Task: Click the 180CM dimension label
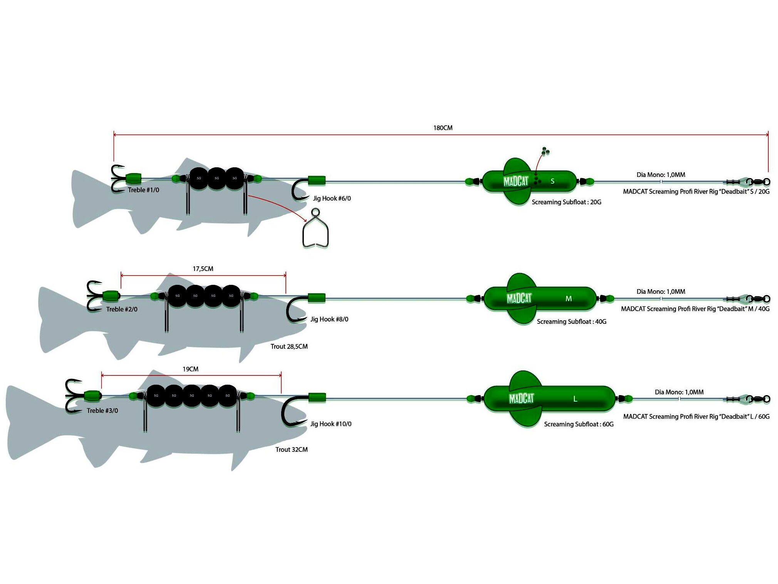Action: click(443, 128)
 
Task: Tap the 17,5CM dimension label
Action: click(203, 269)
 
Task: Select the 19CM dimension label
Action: click(191, 369)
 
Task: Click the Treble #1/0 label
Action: click(143, 190)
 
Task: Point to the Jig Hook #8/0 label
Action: click(329, 319)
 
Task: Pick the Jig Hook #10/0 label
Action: click(331, 424)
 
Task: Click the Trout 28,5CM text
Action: click(289, 346)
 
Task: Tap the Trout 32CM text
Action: click(292, 449)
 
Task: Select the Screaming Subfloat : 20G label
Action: click(567, 202)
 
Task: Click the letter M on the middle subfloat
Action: click(568, 298)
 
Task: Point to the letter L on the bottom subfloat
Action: click(575, 399)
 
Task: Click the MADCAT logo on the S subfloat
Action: click(516, 181)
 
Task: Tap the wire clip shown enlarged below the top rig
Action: click(315, 229)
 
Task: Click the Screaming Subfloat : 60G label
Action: click(579, 424)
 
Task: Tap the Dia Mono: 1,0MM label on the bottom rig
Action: click(679, 392)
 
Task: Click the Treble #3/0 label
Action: click(102, 411)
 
